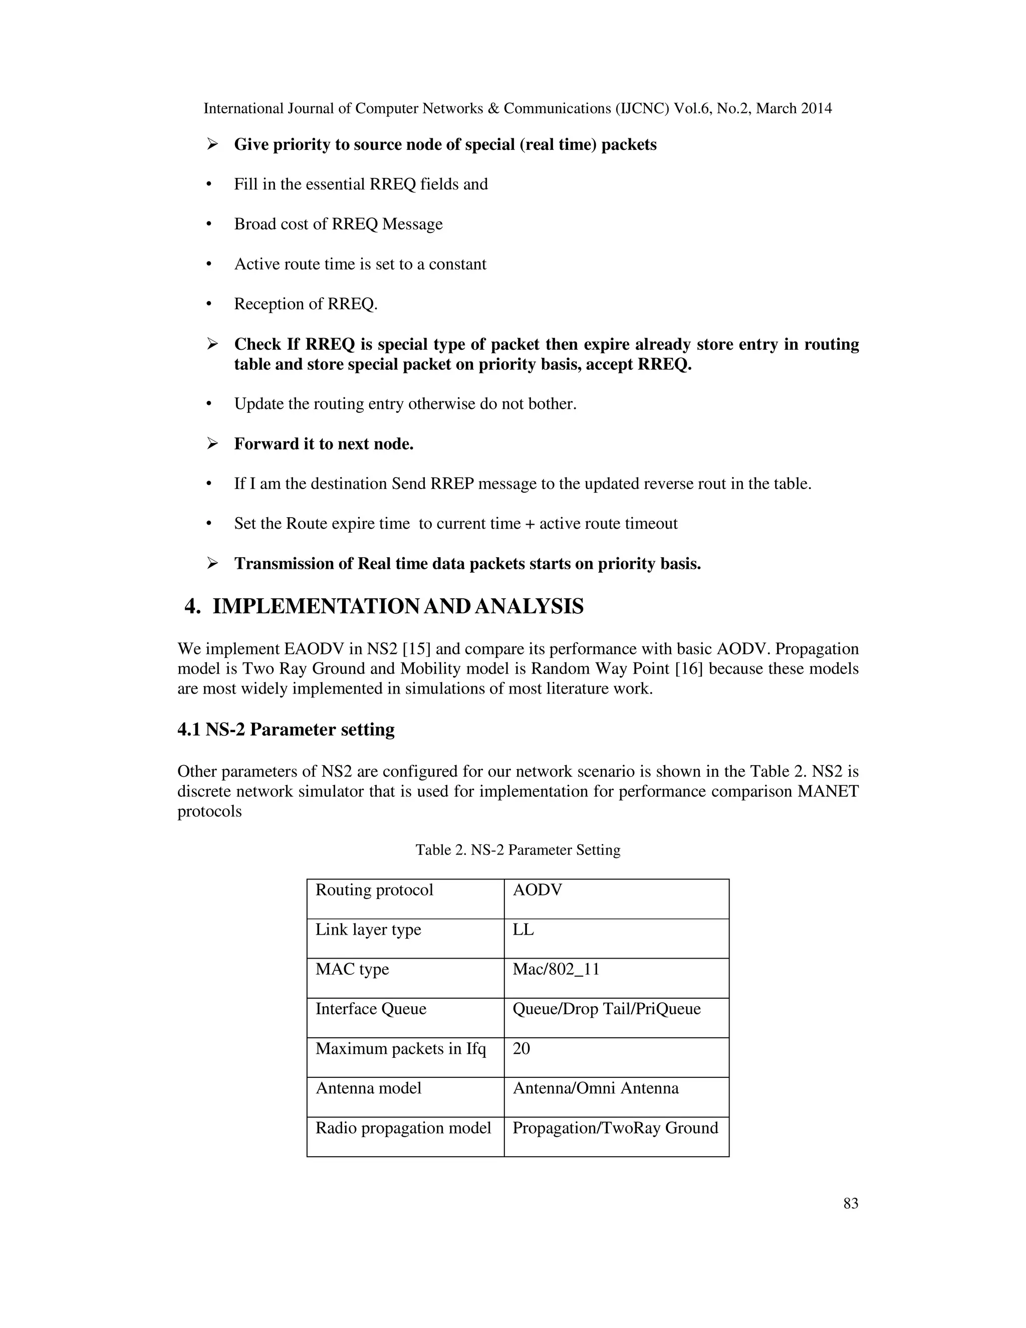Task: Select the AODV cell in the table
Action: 538,890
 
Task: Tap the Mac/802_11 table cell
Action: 556,969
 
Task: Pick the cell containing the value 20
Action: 522,1048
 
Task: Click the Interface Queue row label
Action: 371,1009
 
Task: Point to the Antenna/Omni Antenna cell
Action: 595,1088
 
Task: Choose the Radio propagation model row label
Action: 403,1128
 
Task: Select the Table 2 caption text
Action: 518,850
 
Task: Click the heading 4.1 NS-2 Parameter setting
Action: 286,730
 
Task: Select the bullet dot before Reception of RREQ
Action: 209,304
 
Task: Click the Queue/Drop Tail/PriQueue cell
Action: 606,1009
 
